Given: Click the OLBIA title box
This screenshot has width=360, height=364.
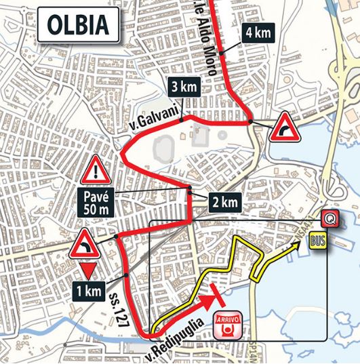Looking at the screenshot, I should coord(78,25).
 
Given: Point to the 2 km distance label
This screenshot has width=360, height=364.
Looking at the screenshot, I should coord(223,201).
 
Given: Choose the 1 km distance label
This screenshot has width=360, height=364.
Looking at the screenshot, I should coord(89,292).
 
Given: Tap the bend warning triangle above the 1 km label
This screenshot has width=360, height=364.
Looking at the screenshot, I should coord(85,243).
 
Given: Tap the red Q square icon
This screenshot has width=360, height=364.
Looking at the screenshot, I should coord(330,218).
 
